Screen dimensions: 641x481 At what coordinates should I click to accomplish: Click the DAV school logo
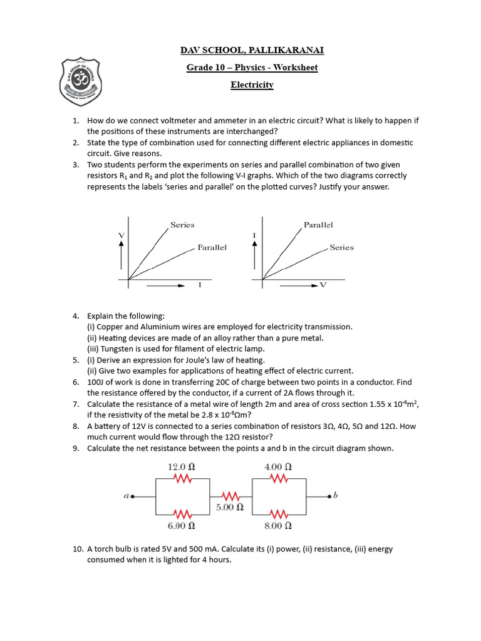(78, 80)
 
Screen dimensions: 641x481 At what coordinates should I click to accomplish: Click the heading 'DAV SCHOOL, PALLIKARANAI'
(252, 50)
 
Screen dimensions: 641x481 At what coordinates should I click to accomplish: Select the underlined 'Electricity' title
(252, 85)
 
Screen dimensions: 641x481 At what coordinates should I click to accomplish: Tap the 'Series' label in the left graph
(182, 225)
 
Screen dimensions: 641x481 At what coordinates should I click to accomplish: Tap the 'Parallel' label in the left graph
(212, 247)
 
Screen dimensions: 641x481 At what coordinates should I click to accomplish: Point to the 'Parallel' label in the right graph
(318, 225)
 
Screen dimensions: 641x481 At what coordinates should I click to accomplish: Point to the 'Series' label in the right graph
(341, 247)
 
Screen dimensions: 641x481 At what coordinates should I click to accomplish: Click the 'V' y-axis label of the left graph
(120, 234)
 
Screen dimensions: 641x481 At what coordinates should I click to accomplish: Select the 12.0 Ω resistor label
(182, 467)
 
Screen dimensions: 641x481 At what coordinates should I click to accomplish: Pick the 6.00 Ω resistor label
(182, 526)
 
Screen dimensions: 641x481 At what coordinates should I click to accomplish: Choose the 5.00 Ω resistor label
(229, 507)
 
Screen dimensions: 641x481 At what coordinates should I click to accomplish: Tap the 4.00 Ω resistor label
(278, 467)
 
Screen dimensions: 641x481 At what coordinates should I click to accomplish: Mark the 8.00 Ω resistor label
(278, 526)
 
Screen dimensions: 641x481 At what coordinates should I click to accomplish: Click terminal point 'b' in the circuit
(333, 496)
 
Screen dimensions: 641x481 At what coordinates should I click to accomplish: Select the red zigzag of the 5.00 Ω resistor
(229, 496)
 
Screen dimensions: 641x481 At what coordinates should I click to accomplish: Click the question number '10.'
(78, 549)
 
